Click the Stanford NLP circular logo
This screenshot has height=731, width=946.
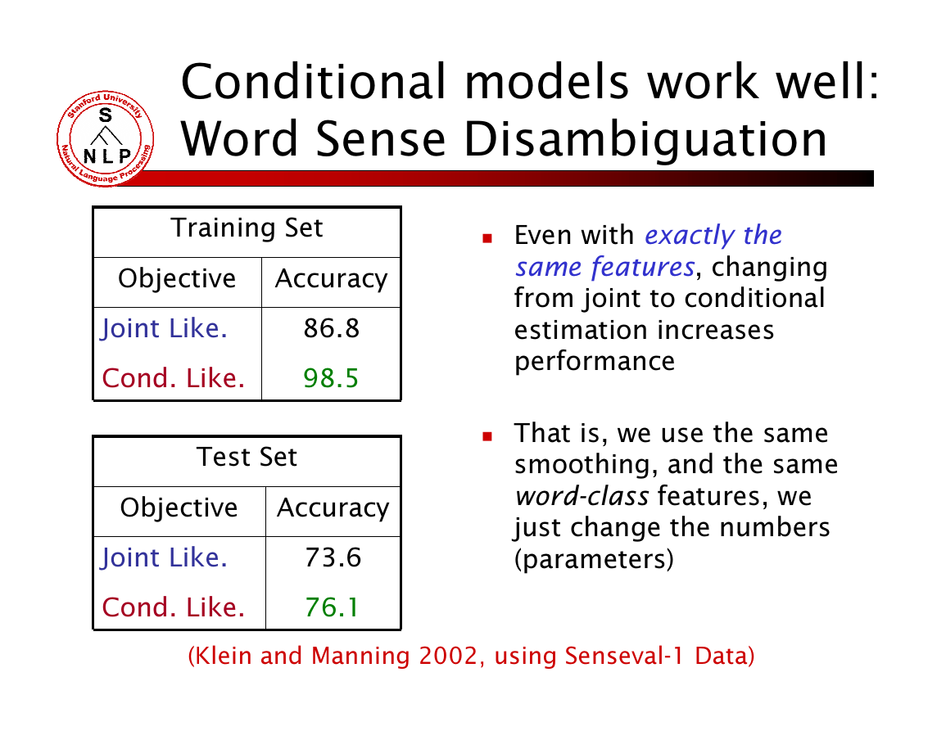(x=106, y=138)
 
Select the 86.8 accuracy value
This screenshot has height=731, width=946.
(x=331, y=329)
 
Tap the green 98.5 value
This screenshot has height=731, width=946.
(x=331, y=378)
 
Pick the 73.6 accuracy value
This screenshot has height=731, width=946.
(x=333, y=557)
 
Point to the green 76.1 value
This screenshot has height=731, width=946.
(x=332, y=607)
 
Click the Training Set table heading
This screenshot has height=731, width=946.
(x=247, y=228)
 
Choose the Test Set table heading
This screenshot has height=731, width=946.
(x=247, y=457)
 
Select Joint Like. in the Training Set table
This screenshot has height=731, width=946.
(x=164, y=329)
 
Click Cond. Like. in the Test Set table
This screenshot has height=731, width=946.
(x=173, y=607)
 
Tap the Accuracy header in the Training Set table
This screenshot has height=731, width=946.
(x=331, y=279)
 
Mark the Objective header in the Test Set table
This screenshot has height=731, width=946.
(x=179, y=508)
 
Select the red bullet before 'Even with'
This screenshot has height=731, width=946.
(x=487, y=239)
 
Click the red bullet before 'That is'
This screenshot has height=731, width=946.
(x=487, y=436)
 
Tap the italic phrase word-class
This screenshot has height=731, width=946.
(x=582, y=496)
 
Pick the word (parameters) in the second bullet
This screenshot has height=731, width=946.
(x=594, y=560)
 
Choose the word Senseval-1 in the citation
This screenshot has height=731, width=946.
(x=624, y=656)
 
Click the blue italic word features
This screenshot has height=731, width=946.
(x=642, y=267)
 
